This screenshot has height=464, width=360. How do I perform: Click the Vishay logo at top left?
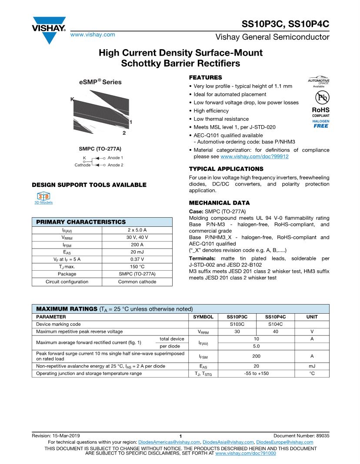(x=48, y=29)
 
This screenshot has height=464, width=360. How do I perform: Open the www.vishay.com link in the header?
(x=93, y=34)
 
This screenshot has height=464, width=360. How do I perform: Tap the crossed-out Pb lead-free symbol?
(x=321, y=97)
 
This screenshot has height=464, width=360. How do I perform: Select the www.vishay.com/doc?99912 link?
(x=254, y=156)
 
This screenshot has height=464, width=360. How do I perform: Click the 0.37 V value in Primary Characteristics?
(x=137, y=259)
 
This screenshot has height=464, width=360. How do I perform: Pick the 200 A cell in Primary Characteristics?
(x=137, y=245)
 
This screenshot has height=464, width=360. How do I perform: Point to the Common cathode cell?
(x=137, y=282)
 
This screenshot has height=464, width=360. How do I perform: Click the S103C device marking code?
(x=237, y=324)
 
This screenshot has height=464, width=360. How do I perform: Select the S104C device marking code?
(x=274, y=324)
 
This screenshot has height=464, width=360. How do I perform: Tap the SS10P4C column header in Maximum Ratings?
(x=274, y=317)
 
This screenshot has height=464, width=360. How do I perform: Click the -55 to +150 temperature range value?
(x=256, y=373)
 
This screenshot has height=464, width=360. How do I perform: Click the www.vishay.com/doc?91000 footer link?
(x=246, y=453)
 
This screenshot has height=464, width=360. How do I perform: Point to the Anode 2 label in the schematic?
(x=115, y=165)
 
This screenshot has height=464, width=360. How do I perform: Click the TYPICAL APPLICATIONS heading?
(x=226, y=169)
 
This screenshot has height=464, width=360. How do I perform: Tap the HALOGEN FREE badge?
(x=321, y=124)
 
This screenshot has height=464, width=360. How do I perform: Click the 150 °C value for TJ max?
(x=137, y=266)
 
